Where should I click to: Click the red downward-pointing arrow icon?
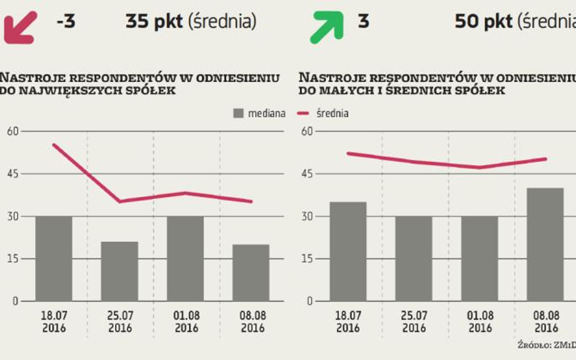click(x=20, y=27)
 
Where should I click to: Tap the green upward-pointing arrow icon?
click(x=326, y=27)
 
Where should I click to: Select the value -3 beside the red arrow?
click(x=65, y=22)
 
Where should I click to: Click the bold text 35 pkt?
click(x=154, y=22)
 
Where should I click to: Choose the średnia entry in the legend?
click(x=331, y=114)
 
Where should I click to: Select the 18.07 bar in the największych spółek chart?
click(x=53, y=259)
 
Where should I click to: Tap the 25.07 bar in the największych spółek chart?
click(x=120, y=271)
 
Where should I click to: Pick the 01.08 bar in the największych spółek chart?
click(x=185, y=259)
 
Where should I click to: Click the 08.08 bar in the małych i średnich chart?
click(x=545, y=245)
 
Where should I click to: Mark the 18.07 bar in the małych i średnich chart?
click(x=348, y=251)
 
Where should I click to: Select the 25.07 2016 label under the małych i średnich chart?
click(x=414, y=322)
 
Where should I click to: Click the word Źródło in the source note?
click(x=533, y=346)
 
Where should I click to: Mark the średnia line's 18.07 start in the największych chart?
click(x=53, y=144)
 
